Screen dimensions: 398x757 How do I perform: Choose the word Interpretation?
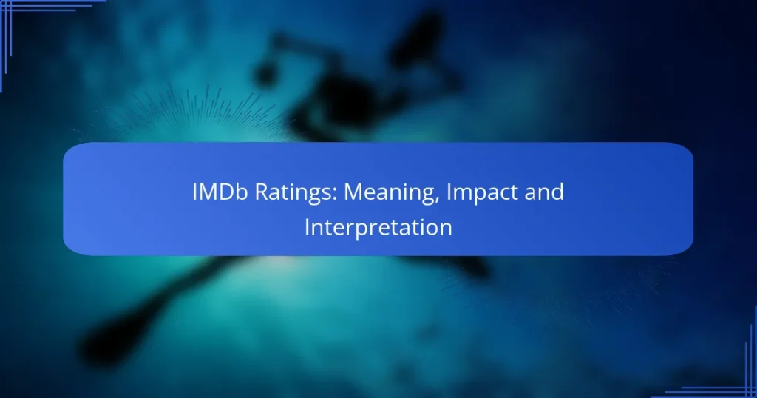click(x=378, y=227)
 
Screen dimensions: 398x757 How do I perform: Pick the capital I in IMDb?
click(x=195, y=192)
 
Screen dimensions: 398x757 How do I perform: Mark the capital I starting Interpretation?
click(x=307, y=227)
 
